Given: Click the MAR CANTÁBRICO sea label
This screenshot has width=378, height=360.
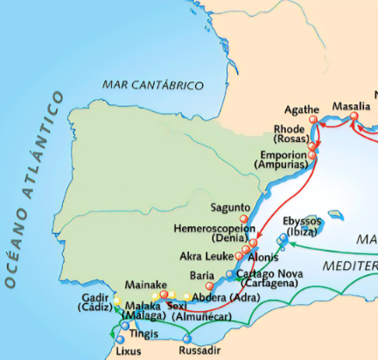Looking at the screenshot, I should click(x=152, y=85).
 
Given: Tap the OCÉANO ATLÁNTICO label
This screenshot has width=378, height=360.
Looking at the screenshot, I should click(x=35, y=188).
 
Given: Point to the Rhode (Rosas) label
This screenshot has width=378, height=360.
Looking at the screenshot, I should click(x=290, y=134).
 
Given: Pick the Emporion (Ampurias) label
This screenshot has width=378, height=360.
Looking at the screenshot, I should click(x=280, y=159).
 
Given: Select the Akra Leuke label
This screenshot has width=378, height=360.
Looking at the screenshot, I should click(x=206, y=257).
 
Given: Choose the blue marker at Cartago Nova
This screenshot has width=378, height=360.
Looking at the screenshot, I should click(x=230, y=274).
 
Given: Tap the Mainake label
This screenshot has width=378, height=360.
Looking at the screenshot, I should click(x=141, y=284).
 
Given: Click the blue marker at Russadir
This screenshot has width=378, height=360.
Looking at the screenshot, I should click(x=186, y=338).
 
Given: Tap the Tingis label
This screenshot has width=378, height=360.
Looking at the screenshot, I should click(x=146, y=334).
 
